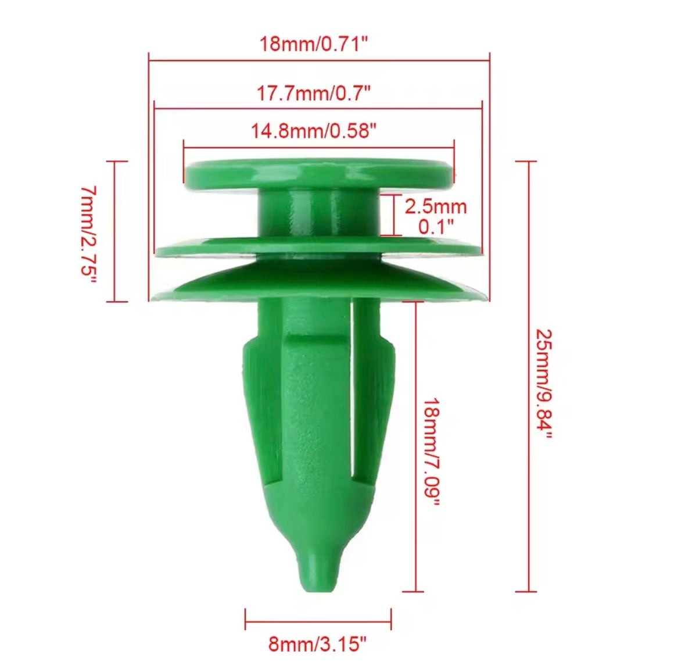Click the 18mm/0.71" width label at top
[x=314, y=44]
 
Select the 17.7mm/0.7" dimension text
[x=314, y=93]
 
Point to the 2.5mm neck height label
[x=436, y=206]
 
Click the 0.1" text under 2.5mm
[x=436, y=226]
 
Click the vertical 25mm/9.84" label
[x=543, y=384]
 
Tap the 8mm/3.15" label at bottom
[x=317, y=644]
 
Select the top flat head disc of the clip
[x=318, y=173]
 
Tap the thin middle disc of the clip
[x=318, y=248]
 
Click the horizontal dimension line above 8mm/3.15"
[x=318, y=619]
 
